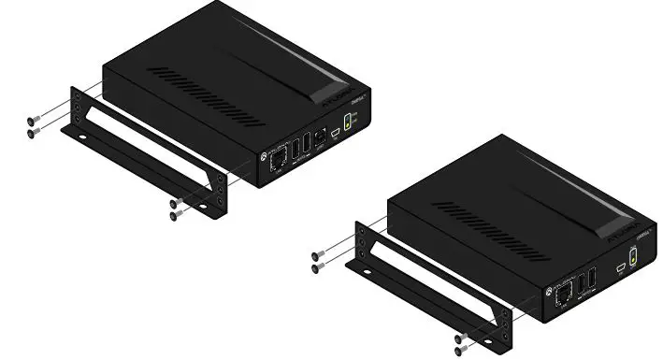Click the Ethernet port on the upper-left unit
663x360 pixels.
(277, 159)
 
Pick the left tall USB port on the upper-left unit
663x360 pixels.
(295, 151)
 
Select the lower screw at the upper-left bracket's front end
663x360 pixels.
(176, 215)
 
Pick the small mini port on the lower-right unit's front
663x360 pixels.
(620, 268)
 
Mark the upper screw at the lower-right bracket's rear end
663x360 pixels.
(319, 255)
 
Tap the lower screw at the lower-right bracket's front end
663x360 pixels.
(459, 350)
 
